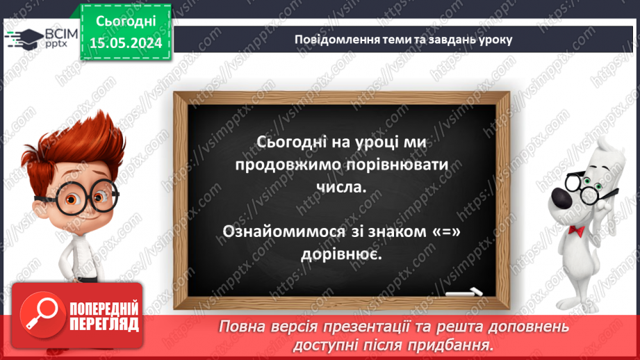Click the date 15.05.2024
[x=125, y=44]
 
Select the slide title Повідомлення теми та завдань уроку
[x=403, y=40]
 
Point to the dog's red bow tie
[x=576, y=229]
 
